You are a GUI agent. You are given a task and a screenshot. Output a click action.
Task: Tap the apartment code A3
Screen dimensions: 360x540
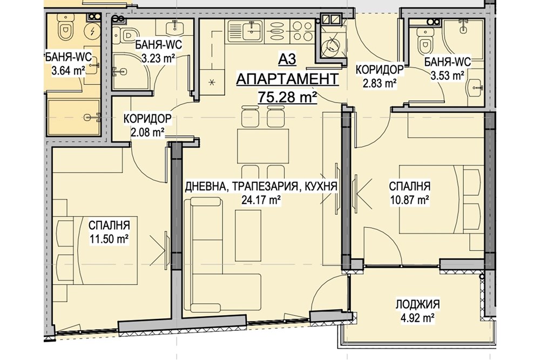[287, 59]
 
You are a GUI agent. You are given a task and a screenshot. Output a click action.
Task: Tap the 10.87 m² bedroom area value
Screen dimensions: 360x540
[409, 199]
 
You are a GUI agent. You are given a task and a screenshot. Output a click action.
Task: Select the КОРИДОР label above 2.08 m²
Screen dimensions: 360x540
[147, 118]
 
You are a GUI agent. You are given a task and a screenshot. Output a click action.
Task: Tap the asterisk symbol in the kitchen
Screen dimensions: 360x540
[212, 81]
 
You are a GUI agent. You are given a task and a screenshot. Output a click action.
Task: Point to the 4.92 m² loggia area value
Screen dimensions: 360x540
[416, 318]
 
